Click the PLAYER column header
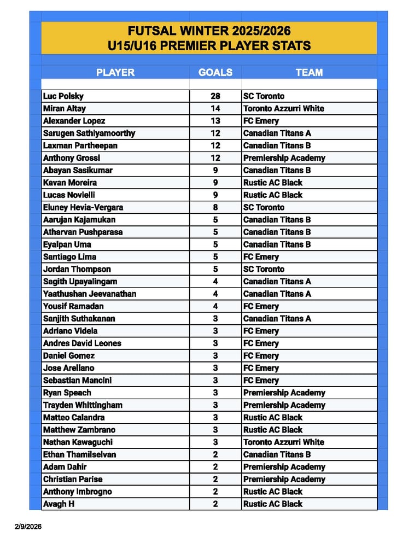pyautogui.click(x=115, y=72)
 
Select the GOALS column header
pyautogui.click(x=215, y=72)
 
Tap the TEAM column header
pyautogui.click(x=309, y=72)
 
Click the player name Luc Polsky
pyautogui.click(x=63, y=96)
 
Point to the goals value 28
pyautogui.click(x=215, y=96)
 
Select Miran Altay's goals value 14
pyautogui.click(x=215, y=108)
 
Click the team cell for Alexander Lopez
pyautogui.click(x=261, y=121)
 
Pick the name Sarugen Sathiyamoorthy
pyautogui.click(x=89, y=133)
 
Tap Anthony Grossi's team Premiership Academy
pyautogui.click(x=284, y=158)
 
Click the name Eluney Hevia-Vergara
pyautogui.click(x=83, y=207)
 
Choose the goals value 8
pyautogui.click(x=215, y=207)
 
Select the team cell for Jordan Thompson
pyautogui.click(x=264, y=269)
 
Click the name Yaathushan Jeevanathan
pyautogui.click(x=90, y=294)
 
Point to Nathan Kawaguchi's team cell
pyautogui.click(x=283, y=442)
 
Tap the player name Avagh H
pyautogui.click(x=59, y=504)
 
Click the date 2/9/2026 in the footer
pyautogui.click(x=28, y=527)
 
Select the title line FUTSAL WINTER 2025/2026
pyautogui.click(x=209, y=31)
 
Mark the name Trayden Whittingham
pyautogui.click(x=83, y=405)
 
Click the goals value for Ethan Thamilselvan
pyautogui.click(x=215, y=454)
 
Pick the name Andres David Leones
pyautogui.click(x=82, y=343)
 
